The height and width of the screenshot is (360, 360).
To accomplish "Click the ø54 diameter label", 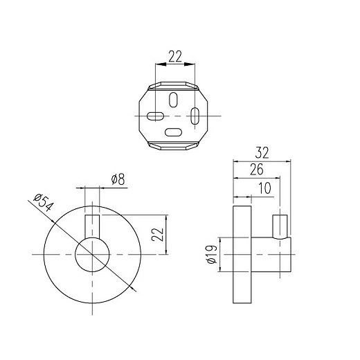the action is (x=44, y=203).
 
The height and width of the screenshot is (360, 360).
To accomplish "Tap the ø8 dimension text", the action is (x=118, y=179).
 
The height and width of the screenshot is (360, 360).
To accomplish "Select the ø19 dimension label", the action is (x=212, y=254).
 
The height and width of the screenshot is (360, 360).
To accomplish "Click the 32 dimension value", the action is (x=262, y=153).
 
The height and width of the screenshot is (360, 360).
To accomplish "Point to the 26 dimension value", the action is (x=257, y=169).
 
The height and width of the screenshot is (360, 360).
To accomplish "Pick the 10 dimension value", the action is (x=264, y=188).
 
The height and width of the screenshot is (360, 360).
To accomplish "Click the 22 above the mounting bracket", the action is (x=175, y=57).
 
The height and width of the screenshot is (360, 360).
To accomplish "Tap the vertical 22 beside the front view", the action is (x=157, y=235).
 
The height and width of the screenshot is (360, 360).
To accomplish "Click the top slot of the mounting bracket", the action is (x=173, y=100).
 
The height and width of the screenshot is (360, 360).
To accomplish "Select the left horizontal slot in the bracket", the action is (x=155, y=116).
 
